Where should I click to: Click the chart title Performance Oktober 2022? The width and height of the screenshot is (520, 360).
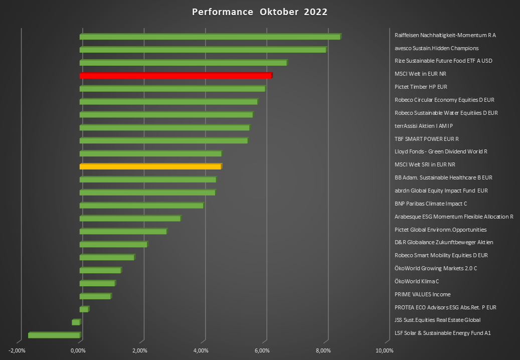(260, 12)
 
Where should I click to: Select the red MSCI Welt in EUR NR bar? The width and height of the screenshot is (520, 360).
(176, 76)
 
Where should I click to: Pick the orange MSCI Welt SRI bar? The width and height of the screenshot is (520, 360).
(150, 166)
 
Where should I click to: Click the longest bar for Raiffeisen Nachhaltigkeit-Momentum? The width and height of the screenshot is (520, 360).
(210, 37)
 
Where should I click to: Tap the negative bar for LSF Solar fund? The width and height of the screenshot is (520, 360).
(54, 335)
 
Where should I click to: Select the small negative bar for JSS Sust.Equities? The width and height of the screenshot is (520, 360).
(76, 322)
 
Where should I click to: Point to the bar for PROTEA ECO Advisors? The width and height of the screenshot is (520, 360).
(84, 309)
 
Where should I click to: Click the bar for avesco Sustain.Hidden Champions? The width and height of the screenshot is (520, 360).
(203, 50)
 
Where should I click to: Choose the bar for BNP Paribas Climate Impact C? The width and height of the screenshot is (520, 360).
(141, 205)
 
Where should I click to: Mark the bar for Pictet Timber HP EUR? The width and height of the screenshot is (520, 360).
(172, 89)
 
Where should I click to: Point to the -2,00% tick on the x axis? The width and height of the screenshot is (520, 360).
(18, 350)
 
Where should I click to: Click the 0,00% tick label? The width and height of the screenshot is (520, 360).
(79, 350)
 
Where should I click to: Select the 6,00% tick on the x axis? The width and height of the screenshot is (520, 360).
(263, 350)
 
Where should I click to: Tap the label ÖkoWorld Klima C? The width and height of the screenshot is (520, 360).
(417, 281)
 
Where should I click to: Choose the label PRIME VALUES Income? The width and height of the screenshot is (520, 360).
(422, 294)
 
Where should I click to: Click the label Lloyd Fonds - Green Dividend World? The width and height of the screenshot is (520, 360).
(441, 151)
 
